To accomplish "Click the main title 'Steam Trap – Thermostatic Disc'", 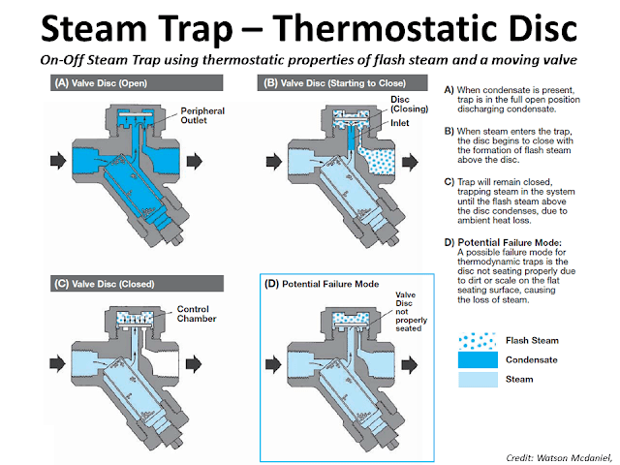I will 310,26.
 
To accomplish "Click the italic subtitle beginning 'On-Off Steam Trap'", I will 310,58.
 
